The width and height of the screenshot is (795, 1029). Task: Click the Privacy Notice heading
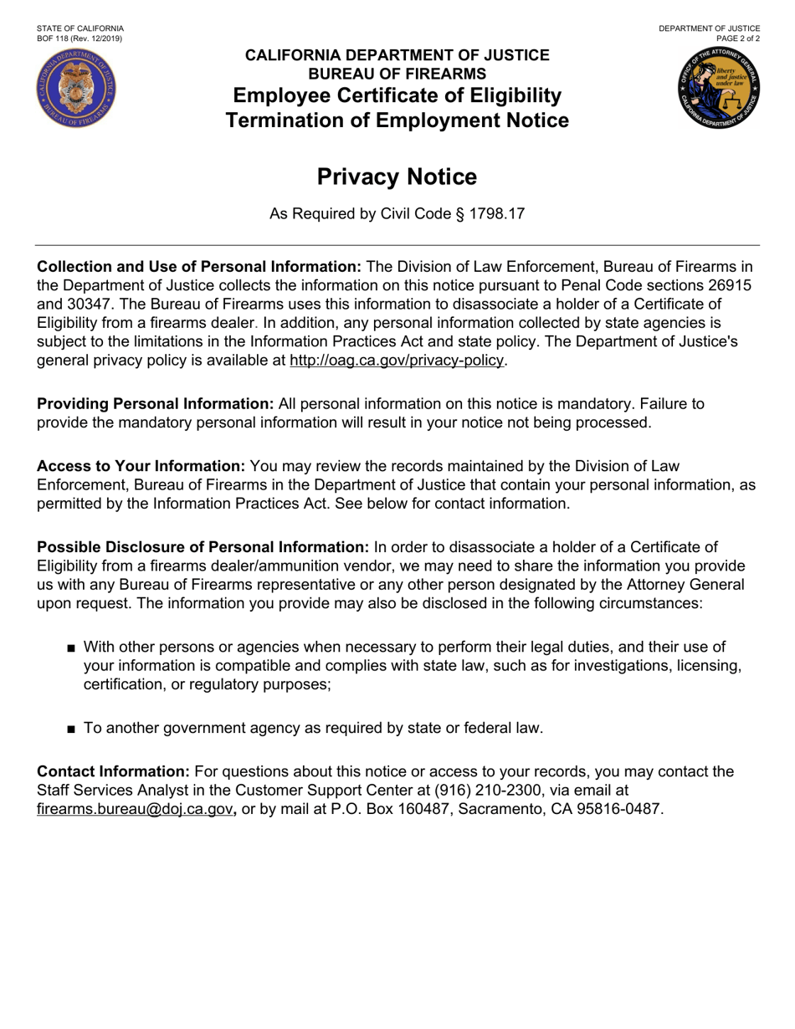coord(397,177)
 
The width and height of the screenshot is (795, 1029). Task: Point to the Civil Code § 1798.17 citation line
coord(397,214)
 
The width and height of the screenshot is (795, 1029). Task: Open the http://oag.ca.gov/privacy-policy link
coord(397,361)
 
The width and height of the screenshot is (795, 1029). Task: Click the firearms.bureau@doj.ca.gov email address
coord(135,809)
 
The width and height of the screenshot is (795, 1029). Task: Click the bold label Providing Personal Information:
coord(156,404)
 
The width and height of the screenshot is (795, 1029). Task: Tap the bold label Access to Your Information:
coord(141,466)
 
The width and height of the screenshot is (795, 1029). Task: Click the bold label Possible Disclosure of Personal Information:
coord(203,547)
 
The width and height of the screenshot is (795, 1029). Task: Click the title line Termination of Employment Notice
coord(397,121)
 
